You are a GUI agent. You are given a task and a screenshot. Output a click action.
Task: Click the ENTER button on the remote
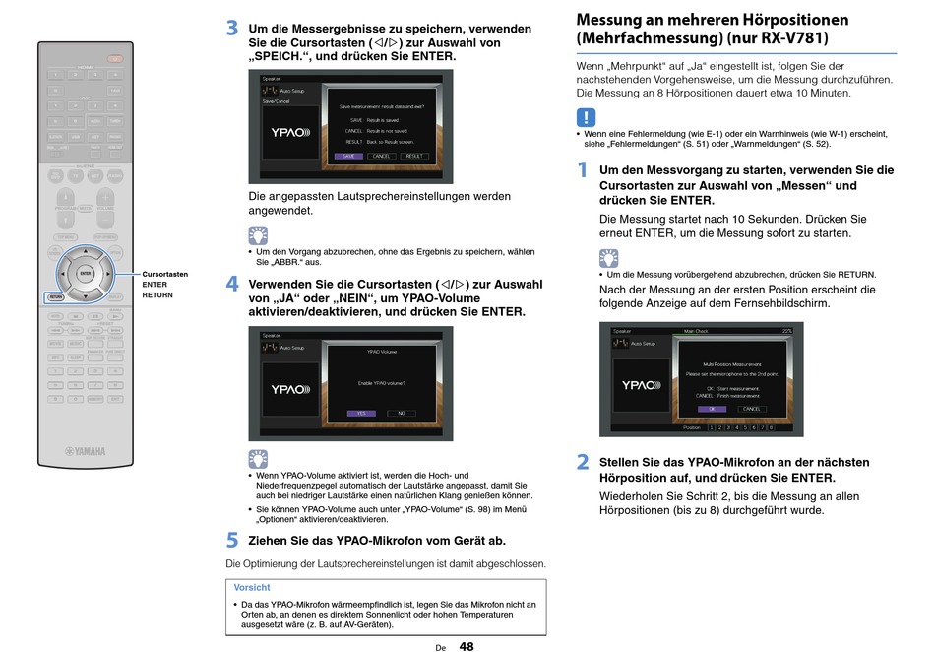(x=85, y=274)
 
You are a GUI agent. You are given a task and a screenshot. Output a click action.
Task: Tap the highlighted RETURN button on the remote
(x=55, y=295)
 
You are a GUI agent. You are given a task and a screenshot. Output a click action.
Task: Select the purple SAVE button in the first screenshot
(x=348, y=156)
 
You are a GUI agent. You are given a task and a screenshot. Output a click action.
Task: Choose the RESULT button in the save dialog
(x=414, y=156)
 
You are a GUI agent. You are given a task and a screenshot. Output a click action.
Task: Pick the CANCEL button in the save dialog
(x=382, y=156)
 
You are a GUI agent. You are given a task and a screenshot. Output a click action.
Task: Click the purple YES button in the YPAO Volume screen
(x=361, y=413)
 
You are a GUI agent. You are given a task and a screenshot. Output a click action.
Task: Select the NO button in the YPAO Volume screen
(x=401, y=413)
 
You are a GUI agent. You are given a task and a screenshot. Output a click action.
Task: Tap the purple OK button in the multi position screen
(x=712, y=408)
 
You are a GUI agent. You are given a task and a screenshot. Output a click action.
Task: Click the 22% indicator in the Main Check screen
(x=785, y=331)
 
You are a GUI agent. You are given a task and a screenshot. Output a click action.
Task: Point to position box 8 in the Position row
(x=771, y=427)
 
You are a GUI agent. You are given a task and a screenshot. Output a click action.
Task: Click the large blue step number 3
(x=232, y=29)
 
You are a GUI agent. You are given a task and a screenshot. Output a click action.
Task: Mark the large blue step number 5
(x=232, y=540)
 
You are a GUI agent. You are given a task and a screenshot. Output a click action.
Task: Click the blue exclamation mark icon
(x=586, y=118)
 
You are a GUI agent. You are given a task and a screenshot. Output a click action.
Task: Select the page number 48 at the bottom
(x=466, y=646)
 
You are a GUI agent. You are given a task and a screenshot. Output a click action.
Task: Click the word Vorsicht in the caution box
(x=252, y=587)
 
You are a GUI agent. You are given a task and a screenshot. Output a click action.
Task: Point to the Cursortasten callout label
(x=165, y=274)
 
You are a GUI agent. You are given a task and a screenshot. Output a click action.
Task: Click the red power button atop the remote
(x=115, y=59)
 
